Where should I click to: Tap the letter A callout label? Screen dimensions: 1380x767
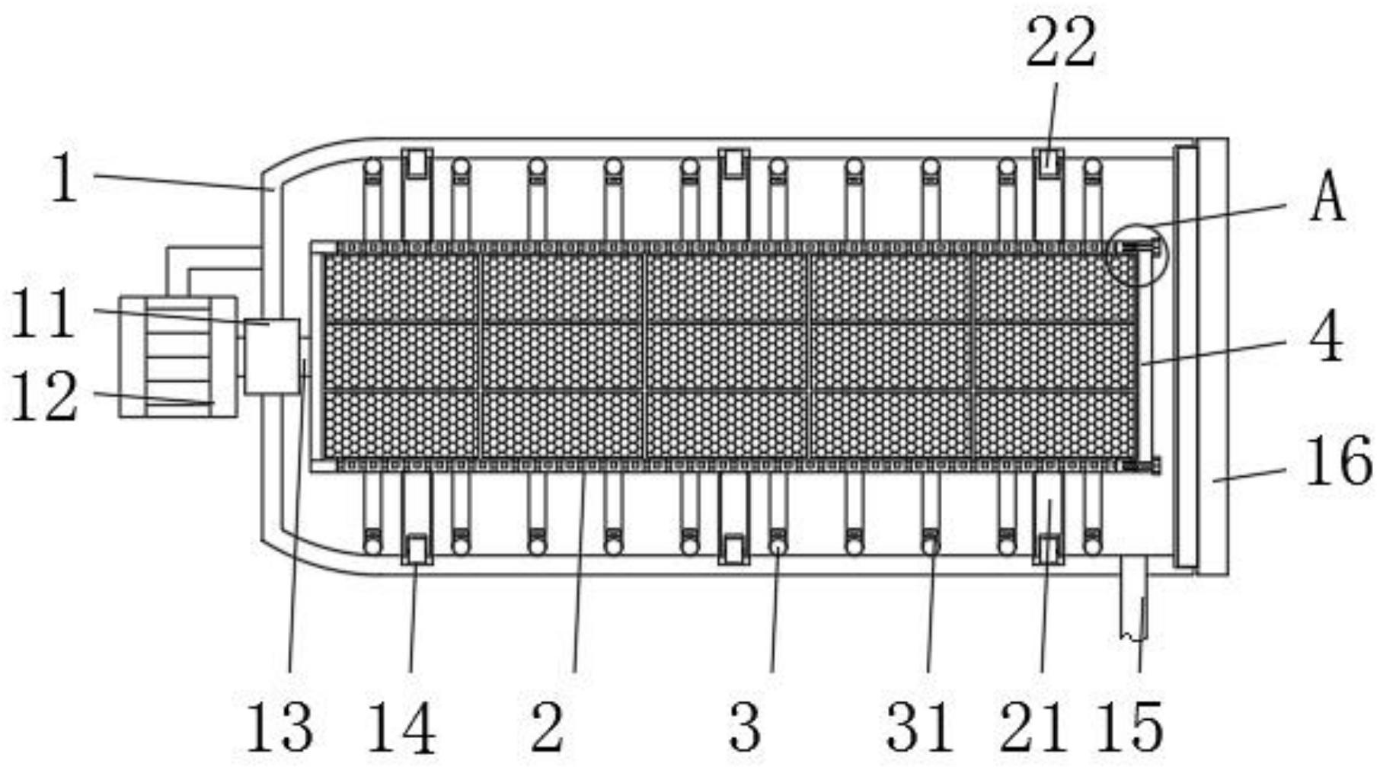point(1327,198)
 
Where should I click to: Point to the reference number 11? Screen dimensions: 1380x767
point(44,314)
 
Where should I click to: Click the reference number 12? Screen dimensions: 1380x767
point(44,397)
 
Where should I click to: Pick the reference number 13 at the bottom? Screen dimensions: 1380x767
point(280,728)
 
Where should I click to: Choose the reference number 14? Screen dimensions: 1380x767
point(401,728)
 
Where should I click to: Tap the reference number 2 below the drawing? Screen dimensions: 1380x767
point(548,728)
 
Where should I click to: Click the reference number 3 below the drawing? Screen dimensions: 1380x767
point(744,728)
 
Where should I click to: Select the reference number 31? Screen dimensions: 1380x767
point(920,728)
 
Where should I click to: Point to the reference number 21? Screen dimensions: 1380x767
point(1033,728)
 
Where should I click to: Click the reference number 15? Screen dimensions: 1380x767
point(1130,728)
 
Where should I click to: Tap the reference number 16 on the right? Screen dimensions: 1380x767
point(1338,462)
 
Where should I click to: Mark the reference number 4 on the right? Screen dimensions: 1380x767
point(1326,340)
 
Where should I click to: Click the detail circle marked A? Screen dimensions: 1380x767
point(1135,254)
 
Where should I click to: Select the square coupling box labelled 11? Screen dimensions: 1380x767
point(272,356)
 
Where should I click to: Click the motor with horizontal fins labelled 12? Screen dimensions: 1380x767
point(178,356)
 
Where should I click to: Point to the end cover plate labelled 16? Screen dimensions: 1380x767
point(1212,356)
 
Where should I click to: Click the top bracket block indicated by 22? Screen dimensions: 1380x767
point(1049,162)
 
